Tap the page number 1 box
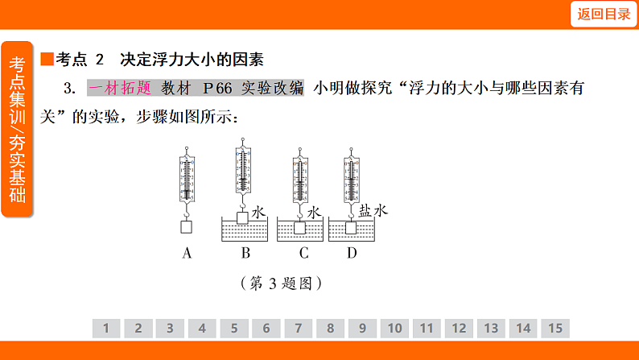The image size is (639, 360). pyautogui.click(x=105, y=328)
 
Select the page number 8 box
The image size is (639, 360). pyautogui.click(x=330, y=328)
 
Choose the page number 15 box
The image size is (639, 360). pyautogui.click(x=555, y=328)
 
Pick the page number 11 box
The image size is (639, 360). pyautogui.click(x=427, y=328)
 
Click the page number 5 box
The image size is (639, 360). pyautogui.click(x=234, y=328)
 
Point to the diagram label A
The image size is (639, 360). pyautogui.click(x=187, y=254)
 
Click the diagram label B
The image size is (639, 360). pyautogui.click(x=245, y=254)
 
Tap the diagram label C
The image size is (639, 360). pyautogui.click(x=303, y=254)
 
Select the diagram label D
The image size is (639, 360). pyautogui.click(x=352, y=254)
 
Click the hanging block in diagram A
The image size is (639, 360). pyautogui.click(x=187, y=226)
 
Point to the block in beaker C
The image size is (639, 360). pyautogui.click(x=300, y=227)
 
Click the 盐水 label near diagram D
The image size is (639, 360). pyautogui.click(x=373, y=211)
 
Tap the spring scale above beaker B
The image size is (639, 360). pyautogui.click(x=243, y=173)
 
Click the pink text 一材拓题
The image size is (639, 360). pyautogui.click(x=119, y=88)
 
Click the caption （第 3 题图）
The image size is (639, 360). pyautogui.click(x=281, y=283)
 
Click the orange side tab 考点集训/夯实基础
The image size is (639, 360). pyautogui.click(x=18, y=129)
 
